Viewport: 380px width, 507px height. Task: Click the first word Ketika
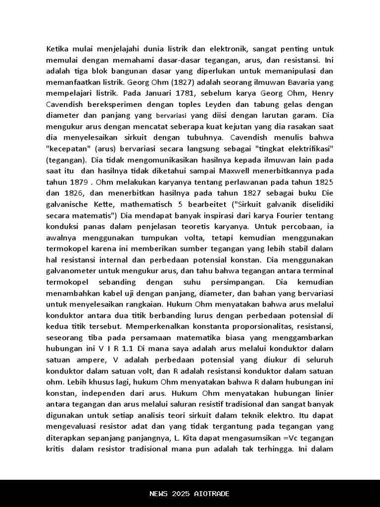point(57,49)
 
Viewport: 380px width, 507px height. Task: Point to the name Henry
point(322,93)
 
